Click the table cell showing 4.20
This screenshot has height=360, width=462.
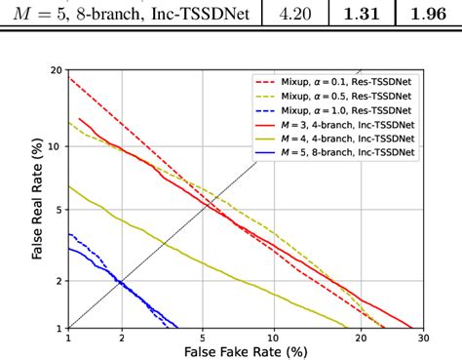pos(291,15)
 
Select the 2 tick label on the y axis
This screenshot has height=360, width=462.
pos(58,281)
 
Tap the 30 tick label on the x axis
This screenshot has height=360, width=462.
pos(422,337)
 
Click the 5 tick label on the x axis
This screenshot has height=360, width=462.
pos(202,337)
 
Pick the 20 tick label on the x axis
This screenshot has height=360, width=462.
pos(361,337)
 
